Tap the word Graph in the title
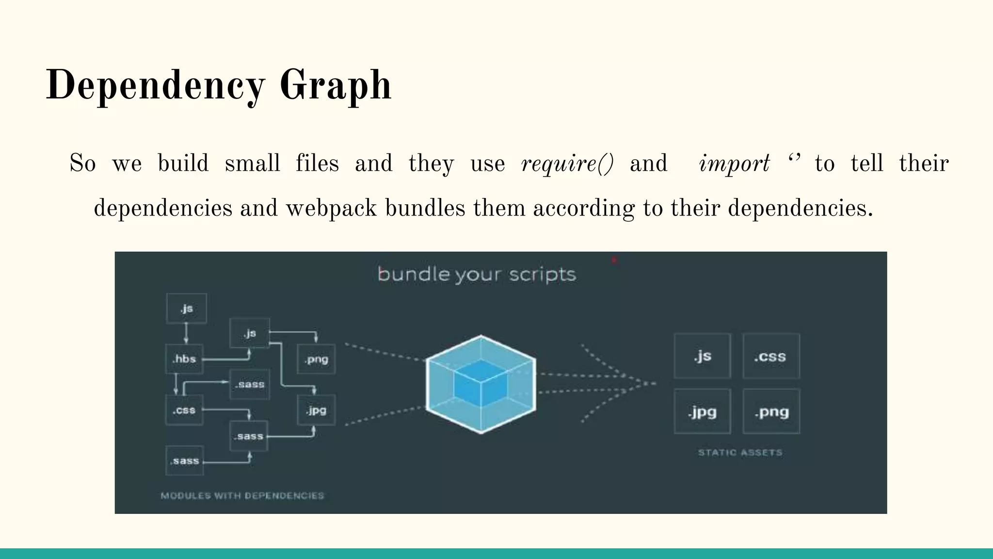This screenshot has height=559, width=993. point(336,86)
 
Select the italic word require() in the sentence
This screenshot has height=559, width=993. point(567,164)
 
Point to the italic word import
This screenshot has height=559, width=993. point(734,164)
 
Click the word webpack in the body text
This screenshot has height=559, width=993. point(331,209)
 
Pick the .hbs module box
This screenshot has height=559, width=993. point(184,359)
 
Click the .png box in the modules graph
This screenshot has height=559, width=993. point(316,359)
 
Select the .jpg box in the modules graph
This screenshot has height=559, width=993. point(316,411)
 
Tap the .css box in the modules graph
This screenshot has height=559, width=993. point(184,411)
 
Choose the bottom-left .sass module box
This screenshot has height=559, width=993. point(184,460)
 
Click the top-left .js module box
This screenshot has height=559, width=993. point(187,309)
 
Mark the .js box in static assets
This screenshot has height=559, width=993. point(702,356)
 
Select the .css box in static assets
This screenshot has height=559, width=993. point(771,356)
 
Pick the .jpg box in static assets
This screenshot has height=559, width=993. point(702,411)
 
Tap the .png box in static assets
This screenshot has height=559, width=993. point(771,411)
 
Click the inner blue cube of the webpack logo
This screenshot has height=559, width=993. point(480,383)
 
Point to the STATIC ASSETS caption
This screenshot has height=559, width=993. point(740,453)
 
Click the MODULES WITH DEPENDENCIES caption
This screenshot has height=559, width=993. point(242,495)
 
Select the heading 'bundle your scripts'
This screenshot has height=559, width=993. point(477,275)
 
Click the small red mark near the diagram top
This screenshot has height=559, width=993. point(614,260)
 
